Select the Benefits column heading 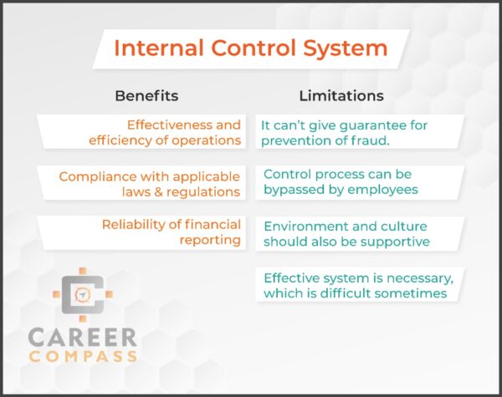point(146,95)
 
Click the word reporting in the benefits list point(209,241)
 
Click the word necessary point(409,278)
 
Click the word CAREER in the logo point(82,338)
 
